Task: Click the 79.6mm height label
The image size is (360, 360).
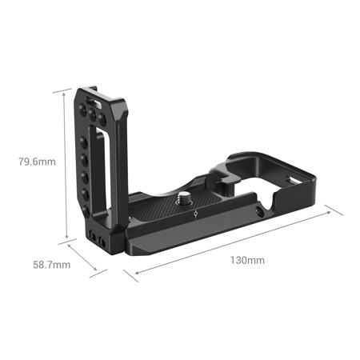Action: [x=37, y=162]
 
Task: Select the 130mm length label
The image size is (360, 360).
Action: [x=247, y=260]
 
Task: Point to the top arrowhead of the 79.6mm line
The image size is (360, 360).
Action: [x=63, y=91]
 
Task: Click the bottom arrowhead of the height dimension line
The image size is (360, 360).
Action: [x=63, y=238]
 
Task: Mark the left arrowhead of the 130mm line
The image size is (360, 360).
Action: [x=135, y=275]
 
